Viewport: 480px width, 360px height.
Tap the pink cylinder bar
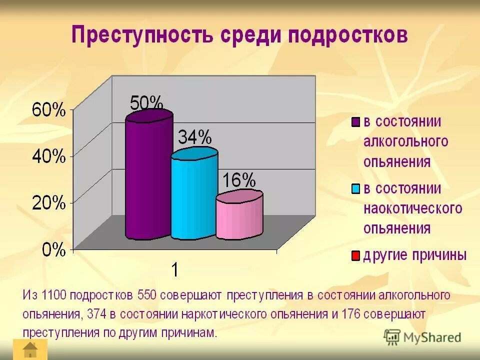coord(239,215)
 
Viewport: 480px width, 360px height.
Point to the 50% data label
coord(146,103)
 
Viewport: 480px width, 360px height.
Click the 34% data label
coord(194,137)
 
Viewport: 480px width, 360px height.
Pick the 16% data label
coord(239,180)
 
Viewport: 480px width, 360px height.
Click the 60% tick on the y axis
coord(48,110)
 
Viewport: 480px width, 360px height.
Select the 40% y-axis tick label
coord(48,156)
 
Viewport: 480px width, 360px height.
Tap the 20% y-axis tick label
coord(48,203)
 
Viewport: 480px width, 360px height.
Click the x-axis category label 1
coord(174,270)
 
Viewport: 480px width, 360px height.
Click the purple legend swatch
coord(355,122)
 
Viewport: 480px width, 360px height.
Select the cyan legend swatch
coord(355,189)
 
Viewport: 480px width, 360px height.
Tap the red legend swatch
coord(355,256)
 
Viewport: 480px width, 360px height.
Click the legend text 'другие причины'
coord(414,256)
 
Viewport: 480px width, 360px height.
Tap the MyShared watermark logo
coord(422,336)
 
